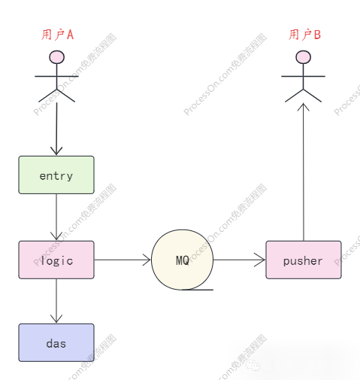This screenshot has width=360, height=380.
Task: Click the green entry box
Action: tap(56, 175)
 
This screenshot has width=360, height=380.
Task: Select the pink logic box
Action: tap(56, 260)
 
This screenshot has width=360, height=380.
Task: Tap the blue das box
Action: tap(56, 343)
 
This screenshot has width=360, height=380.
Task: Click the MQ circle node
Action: tap(183, 260)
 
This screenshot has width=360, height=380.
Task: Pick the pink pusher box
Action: tap(303, 260)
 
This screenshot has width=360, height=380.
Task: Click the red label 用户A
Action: tap(57, 35)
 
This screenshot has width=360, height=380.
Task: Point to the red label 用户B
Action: tap(304, 35)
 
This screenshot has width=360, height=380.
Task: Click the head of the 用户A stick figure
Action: tap(57, 57)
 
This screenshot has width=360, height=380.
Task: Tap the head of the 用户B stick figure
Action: tap(303, 57)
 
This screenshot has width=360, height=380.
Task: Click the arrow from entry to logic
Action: tap(56, 217)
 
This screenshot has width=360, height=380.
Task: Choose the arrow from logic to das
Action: tap(56, 301)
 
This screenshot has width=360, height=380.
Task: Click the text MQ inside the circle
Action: tap(183, 260)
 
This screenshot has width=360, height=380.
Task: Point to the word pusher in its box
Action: tap(303, 261)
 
